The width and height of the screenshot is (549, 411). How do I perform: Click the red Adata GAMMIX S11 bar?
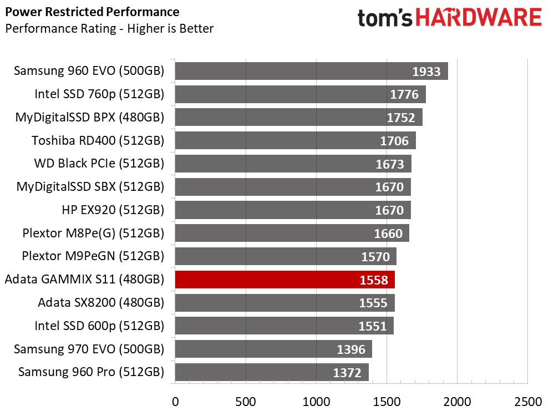pos(284,280)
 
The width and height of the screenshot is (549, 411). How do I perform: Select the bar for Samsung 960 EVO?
pos(311,71)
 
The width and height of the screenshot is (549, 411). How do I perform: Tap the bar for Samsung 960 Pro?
pos(272,372)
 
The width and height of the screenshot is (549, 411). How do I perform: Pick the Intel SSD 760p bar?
pos(301,94)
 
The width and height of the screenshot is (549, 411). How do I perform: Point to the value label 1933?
pos(426,72)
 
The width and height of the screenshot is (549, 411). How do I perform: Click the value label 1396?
pos(351,349)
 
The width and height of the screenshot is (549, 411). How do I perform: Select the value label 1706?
pos(394,141)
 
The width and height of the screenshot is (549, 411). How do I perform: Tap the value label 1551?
pos(373,326)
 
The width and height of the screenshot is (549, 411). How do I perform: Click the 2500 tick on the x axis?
pos(527,402)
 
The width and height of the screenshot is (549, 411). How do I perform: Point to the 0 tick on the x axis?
pos(175,402)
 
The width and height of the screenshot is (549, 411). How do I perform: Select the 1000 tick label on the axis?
pos(316,402)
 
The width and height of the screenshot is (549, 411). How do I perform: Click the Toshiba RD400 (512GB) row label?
pos(98,140)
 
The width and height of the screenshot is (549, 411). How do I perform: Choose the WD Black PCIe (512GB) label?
pos(99,164)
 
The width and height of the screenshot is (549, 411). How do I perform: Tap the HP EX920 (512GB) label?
pos(113,210)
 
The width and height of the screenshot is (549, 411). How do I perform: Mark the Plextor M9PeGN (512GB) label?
pos(93,256)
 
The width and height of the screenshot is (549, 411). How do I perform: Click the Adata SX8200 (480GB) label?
pos(101,302)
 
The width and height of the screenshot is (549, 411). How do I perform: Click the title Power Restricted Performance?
pos(93,12)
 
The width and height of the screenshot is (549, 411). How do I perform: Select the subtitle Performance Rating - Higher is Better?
pos(109,29)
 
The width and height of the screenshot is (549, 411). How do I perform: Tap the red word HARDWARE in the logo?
pos(479,18)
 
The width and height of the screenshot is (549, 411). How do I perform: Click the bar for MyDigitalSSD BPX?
pos(299,117)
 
